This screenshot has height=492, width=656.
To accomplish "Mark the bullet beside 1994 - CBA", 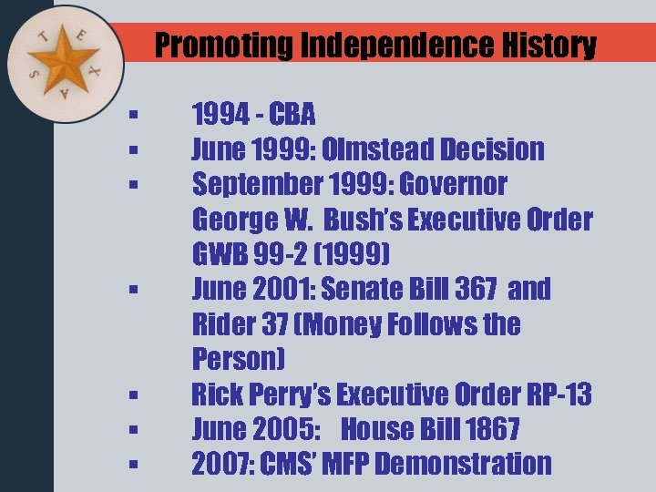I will pyautogui.click(x=133, y=116).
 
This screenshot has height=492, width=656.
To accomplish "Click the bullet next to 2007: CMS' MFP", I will pyautogui.click(x=133, y=465).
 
